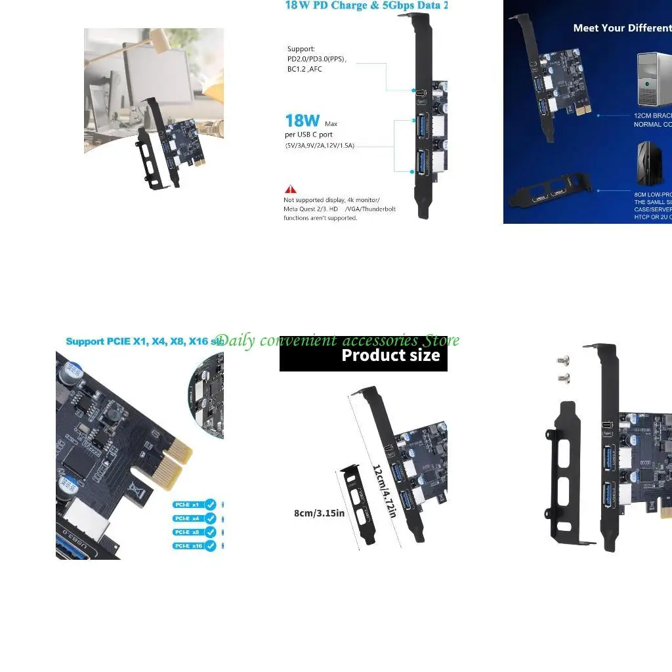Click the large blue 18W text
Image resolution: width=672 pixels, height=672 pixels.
[302, 121]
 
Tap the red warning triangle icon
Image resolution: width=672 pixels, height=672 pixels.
[289, 189]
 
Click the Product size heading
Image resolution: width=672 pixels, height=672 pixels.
[390, 356]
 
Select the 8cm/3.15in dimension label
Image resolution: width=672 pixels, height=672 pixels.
[319, 513]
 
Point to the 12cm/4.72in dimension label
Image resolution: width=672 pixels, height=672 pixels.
[385, 491]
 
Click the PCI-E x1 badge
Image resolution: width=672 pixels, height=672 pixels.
[187, 505]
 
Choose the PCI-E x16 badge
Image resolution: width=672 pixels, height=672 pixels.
[188, 545]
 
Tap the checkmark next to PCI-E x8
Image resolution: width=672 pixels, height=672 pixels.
[211, 532]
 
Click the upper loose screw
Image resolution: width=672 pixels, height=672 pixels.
[562, 361]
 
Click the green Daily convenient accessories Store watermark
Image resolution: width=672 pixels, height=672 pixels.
[337, 340]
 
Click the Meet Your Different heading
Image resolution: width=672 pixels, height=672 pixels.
[621, 28]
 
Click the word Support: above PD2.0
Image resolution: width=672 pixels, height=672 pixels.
[301, 49]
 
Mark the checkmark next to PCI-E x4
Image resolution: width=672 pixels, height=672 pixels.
[211, 518]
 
